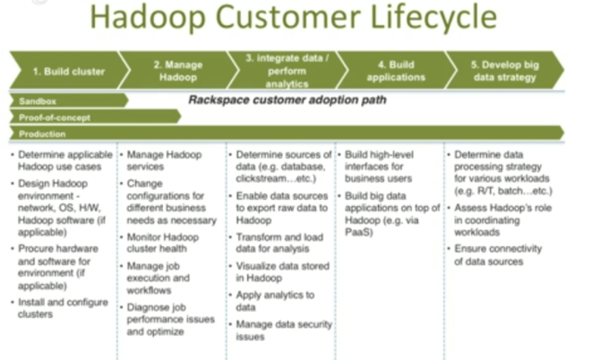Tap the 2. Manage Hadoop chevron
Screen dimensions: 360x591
[x=176, y=71]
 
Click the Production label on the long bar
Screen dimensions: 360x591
[x=43, y=133]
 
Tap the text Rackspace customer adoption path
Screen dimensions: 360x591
[x=287, y=100]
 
